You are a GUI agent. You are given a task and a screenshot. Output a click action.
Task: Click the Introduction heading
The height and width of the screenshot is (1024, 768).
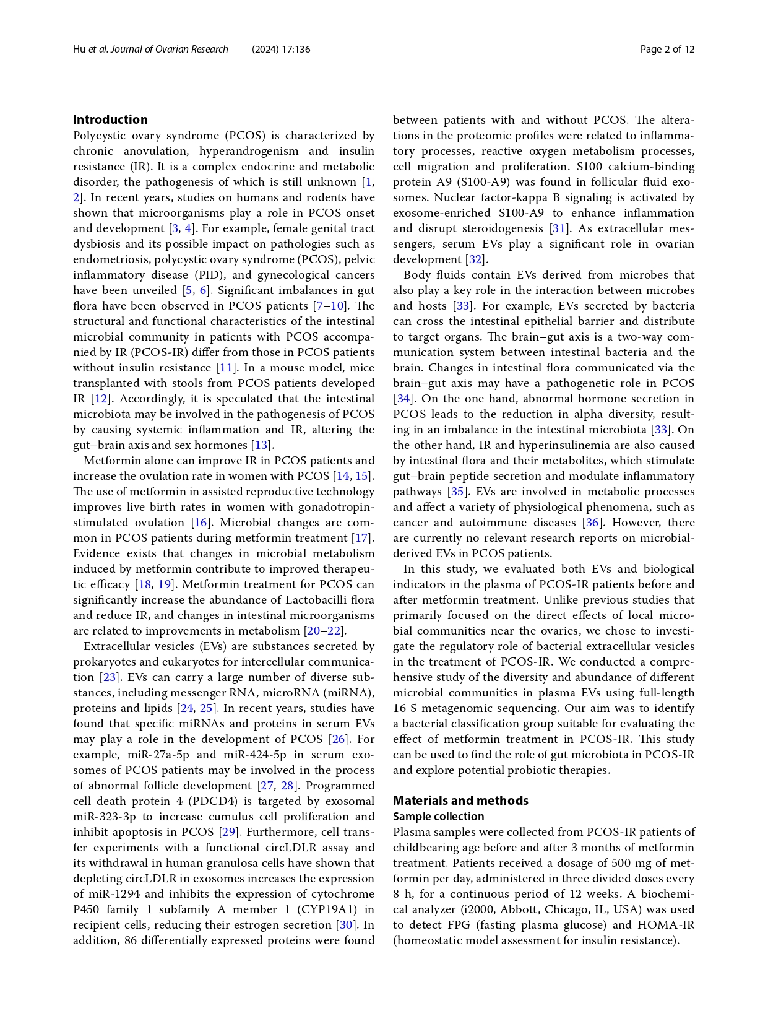(x=110, y=119)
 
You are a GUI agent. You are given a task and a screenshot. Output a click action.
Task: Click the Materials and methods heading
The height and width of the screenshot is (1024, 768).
(x=460, y=801)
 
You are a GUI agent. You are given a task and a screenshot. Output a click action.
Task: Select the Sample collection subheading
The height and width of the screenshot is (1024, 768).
(x=438, y=817)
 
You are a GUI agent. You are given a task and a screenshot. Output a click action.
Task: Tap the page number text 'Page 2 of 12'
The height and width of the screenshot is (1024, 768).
(x=667, y=50)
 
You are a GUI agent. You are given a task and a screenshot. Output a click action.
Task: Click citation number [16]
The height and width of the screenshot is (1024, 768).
(x=201, y=523)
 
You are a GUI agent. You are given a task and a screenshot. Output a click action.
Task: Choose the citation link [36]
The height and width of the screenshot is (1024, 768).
(x=592, y=523)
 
